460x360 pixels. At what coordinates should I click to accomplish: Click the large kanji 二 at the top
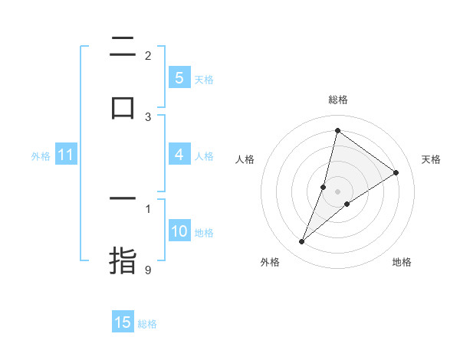click(123, 47)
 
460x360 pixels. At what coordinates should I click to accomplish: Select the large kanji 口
click(123, 107)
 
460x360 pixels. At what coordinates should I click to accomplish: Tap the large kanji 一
click(123, 199)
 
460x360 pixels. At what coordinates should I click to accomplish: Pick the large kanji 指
click(123, 259)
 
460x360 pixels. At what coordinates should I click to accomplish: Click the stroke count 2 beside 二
click(148, 55)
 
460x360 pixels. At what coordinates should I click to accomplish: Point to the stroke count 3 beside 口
click(148, 116)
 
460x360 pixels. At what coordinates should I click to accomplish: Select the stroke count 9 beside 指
click(148, 270)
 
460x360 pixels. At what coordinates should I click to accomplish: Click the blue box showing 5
click(179, 78)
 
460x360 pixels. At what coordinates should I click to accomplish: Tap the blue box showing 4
click(179, 155)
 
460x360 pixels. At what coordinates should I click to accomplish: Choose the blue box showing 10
click(179, 232)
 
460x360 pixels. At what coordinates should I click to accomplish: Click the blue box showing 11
click(65, 155)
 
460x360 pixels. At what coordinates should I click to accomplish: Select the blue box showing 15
click(123, 323)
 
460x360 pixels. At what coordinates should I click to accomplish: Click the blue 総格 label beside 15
click(147, 324)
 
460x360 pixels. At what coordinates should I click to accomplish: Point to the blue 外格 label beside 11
click(41, 156)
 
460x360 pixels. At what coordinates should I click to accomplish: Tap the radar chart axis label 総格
click(338, 100)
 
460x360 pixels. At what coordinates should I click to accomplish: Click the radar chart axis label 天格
click(431, 159)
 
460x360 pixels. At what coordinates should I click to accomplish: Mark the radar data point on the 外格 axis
click(301, 242)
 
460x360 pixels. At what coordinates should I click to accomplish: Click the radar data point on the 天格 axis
click(396, 172)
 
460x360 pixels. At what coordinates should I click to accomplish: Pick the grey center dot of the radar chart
click(338, 191)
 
